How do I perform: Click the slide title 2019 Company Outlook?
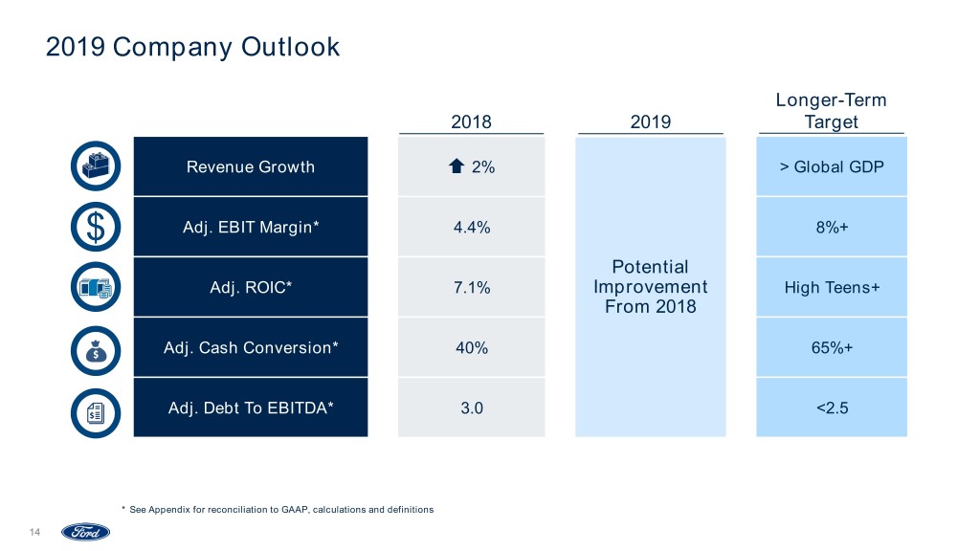[x=192, y=46]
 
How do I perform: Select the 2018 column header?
[x=471, y=121]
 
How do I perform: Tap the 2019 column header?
[x=651, y=121]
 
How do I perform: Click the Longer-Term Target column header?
[x=831, y=111]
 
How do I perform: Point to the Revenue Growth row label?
[x=250, y=167]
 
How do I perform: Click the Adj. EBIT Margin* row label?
[x=251, y=228]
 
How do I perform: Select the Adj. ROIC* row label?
[x=251, y=287]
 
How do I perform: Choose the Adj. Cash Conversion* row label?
[x=251, y=347]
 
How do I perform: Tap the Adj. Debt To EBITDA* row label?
[x=251, y=408]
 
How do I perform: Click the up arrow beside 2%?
[x=457, y=167]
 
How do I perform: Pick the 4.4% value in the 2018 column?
[x=471, y=228]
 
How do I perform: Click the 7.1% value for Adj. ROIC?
[x=471, y=287]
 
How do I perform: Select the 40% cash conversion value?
[x=471, y=347]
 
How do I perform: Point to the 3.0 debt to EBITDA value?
[x=471, y=408]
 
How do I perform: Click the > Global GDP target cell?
[x=831, y=167]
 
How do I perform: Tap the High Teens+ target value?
[x=831, y=287]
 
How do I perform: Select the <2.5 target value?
[x=831, y=408]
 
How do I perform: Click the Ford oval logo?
[x=86, y=532]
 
